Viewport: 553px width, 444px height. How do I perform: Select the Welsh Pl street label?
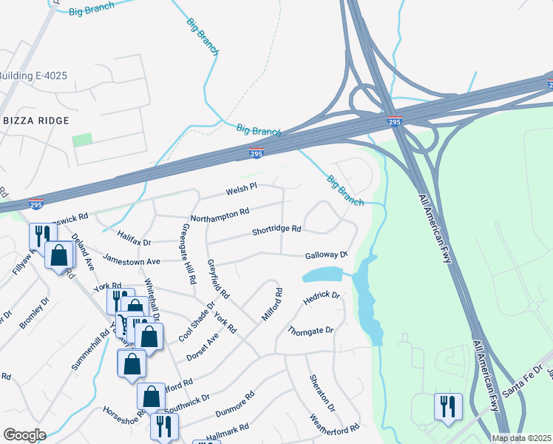coord(241,189)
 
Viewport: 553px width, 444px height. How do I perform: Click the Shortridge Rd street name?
coord(276,230)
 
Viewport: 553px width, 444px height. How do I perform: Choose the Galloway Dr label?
coord(326,255)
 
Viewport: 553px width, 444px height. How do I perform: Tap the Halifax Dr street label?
coord(134,238)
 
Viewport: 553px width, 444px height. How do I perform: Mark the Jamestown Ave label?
coord(132,261)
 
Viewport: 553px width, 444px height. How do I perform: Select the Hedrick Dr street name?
coord(322,298)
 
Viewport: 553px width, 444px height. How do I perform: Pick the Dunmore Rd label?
coord(234,400)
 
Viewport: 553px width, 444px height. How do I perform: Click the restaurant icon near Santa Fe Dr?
coord(448,406)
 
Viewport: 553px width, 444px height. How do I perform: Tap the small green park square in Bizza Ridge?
coord(82,139)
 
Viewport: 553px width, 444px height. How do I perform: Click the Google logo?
coord(24,435)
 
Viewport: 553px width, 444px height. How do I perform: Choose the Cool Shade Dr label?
coord(196,320)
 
